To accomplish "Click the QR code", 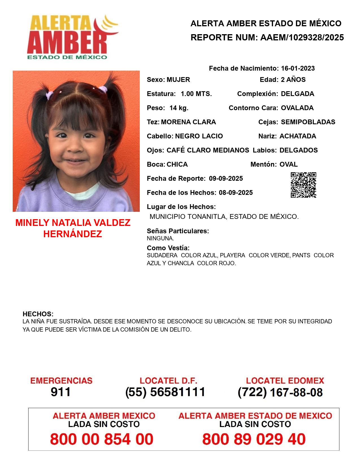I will tap(304, 185).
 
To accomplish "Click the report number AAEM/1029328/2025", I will tap(302, 38).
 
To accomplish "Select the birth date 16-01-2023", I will tap(298, 68).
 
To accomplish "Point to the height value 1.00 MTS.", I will tap(196, 94).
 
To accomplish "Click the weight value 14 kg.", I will tap(179, 108).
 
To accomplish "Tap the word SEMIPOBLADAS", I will tap(308, 122).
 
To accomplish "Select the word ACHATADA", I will tap(298, 136).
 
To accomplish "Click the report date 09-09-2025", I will tap(226, 178).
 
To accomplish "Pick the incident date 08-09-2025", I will tap(236, 193).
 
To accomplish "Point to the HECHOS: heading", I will tap(38, 314).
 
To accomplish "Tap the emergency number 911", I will tap(61, 392).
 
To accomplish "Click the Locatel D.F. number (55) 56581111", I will tap(165, 392).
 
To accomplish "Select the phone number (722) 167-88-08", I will tap(280, 392).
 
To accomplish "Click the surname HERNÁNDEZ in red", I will tap(73, 234).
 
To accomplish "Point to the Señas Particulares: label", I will tap(178, 231).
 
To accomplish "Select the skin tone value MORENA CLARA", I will tap(188, 122).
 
